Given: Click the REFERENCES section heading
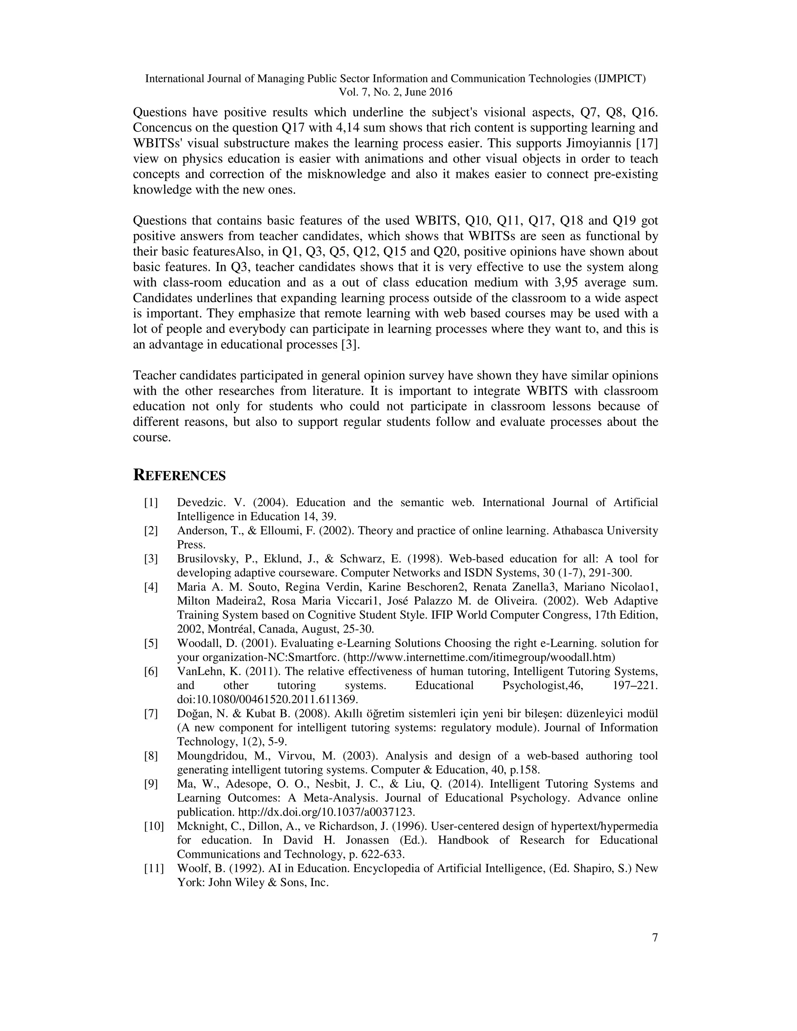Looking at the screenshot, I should pyautogui.click(x=179, y=476).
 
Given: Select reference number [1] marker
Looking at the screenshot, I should pyautogui.click(x=151, y=503).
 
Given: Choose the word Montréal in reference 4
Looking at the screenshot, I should pyautogui.click(x=224, y=629).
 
